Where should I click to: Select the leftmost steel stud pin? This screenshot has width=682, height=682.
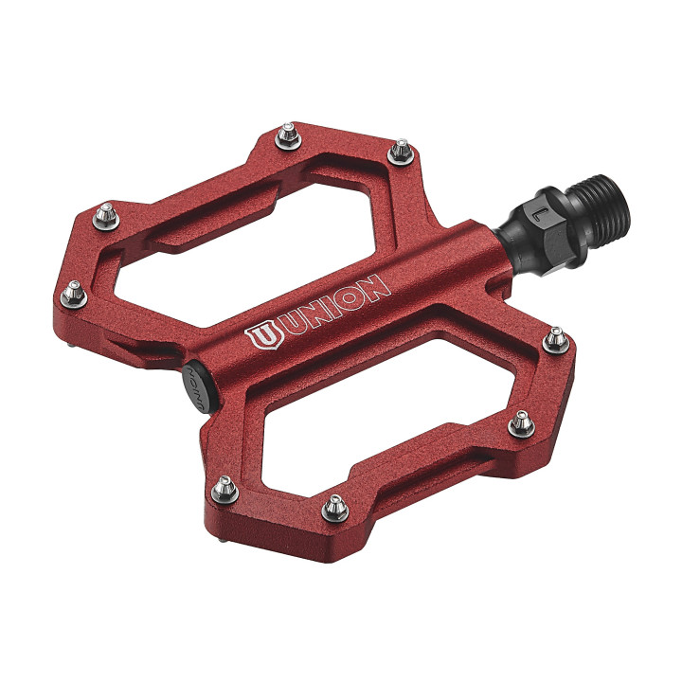click(73, 296)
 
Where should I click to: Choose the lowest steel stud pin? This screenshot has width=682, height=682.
click(334, 509)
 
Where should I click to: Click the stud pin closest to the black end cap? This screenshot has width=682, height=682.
click(224, 487)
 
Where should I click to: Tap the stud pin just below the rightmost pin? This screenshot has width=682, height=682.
click(521, 423)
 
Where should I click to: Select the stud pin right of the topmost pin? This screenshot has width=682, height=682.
click(403, 149)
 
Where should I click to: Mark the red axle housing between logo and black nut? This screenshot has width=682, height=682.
click(445, 256)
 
